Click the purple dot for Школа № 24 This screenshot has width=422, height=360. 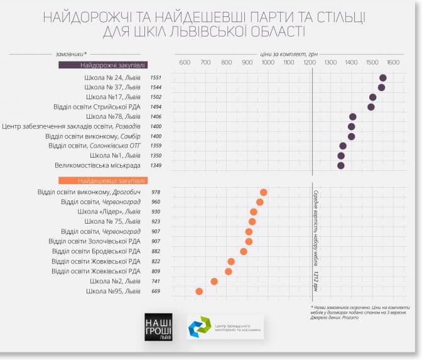382,77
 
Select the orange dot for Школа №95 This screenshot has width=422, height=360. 199,291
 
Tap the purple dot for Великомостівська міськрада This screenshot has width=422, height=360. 341,166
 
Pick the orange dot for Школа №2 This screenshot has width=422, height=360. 214,281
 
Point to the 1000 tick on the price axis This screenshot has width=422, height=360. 268,62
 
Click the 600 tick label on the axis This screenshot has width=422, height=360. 185,62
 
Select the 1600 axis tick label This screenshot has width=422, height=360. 392,62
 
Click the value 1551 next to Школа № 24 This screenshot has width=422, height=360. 156,77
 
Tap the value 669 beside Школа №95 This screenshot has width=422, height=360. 156,292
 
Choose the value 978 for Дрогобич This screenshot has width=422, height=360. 156,192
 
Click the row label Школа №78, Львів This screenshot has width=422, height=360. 113,117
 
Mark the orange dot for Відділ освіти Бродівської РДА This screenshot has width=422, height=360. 244,251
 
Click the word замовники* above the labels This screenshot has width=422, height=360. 70,54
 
